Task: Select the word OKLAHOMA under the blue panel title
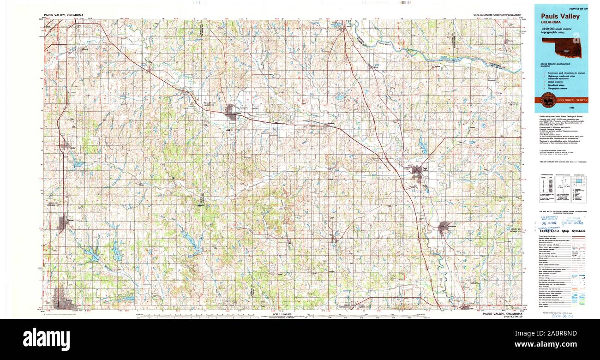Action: (551, 22)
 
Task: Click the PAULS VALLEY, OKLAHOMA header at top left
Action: (64, 15)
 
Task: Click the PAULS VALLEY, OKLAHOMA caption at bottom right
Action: (503, 314)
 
